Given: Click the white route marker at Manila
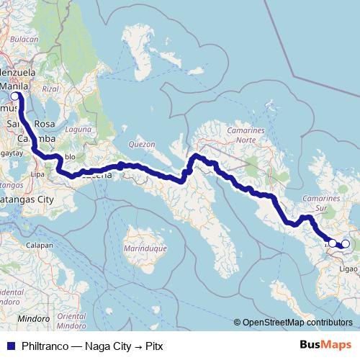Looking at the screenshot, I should pyautogui.click(x=14, y=96).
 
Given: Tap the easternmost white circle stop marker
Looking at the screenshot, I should pyautogui.click(x=345, y=245).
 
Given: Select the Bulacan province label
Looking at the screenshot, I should pyautogui.click(x=24, y=38).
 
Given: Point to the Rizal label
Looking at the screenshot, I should pyautogui.click(x=50, y=89).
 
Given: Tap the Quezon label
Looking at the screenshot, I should pyautogui.click(x=142, y=144).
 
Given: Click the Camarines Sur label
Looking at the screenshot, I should pyautogui.click(x=321, y=202).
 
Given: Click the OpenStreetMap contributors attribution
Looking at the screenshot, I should pyautogui.click(x=297, y=323).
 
